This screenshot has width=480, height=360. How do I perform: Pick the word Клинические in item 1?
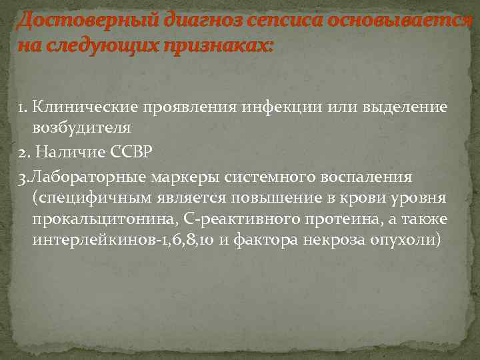pos(85,107)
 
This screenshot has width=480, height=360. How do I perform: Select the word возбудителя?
pos(81,127)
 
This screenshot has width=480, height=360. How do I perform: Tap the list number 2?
pos(23,151)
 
